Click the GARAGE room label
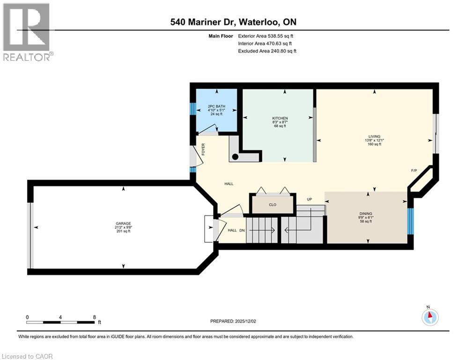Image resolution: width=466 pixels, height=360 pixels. (x=124, y=223)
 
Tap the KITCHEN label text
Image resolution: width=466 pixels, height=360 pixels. (x=280, y=118)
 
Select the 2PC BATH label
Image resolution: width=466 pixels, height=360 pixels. (x=216, y=106)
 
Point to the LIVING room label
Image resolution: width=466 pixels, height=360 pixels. (x=374, y=136)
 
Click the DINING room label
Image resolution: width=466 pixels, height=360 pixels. (x=366, y=213)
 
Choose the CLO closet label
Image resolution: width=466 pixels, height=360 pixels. (x=273, y=204)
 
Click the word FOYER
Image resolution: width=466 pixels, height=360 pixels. (x=203, y=150)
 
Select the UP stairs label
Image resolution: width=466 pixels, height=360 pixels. (x=310, y=199)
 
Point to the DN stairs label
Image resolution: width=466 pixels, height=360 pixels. (x=242, y=230)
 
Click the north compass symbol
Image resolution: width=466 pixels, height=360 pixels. (x=429, y=317)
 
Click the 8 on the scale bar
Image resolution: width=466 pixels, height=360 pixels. (x=95, y=317)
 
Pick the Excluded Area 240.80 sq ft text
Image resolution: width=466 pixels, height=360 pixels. (x=267, y=51)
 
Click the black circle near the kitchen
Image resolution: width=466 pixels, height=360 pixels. (x=236, y=157)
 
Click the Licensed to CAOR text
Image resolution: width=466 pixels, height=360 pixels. (x=27, y=356)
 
